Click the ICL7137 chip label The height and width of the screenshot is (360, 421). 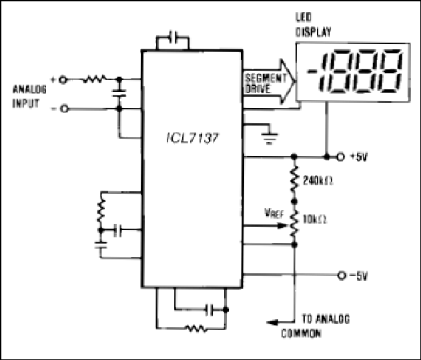192,138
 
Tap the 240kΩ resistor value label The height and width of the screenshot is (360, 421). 318,181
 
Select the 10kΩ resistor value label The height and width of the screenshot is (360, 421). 315,220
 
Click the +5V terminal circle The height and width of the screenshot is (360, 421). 340,157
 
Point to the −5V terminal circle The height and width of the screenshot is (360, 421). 341,275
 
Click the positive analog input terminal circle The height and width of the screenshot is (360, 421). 63,80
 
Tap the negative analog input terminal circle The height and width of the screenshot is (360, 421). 65,109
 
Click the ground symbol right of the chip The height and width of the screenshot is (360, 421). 270,137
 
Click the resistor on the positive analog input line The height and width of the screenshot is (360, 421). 94,79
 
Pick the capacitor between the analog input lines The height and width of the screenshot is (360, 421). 119,93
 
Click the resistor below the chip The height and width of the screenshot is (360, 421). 196,329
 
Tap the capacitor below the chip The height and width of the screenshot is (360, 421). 209,310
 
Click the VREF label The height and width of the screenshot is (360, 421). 274,213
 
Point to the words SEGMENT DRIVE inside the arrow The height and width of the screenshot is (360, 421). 266,83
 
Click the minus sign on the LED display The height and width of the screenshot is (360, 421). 312,71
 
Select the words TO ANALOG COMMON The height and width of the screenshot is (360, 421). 316,326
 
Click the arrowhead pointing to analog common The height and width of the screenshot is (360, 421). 272,322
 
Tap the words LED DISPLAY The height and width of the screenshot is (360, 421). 313,25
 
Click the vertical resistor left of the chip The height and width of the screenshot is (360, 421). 101,211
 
